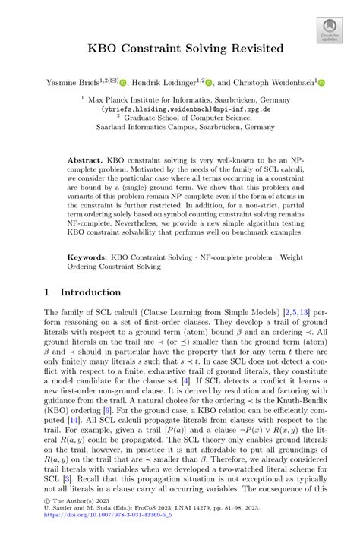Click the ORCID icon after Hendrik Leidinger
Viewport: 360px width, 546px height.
point(209,83)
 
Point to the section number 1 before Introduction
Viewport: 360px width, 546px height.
point(47,292)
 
